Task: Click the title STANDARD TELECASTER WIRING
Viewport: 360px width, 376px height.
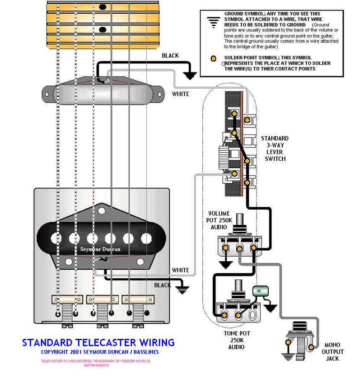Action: click(98, 342)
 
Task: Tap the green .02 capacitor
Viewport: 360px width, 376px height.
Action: click(258, 291)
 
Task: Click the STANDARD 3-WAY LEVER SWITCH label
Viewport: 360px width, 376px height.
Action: click(275, 149)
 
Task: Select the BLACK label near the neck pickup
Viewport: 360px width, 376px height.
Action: click(170, 55)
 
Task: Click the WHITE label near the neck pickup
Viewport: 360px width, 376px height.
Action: click(180, 94)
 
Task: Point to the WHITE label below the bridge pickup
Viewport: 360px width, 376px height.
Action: click(180, 270)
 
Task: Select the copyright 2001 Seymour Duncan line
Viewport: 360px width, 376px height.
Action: click(100, 352)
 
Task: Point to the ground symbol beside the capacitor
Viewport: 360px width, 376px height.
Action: click(271, 308)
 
